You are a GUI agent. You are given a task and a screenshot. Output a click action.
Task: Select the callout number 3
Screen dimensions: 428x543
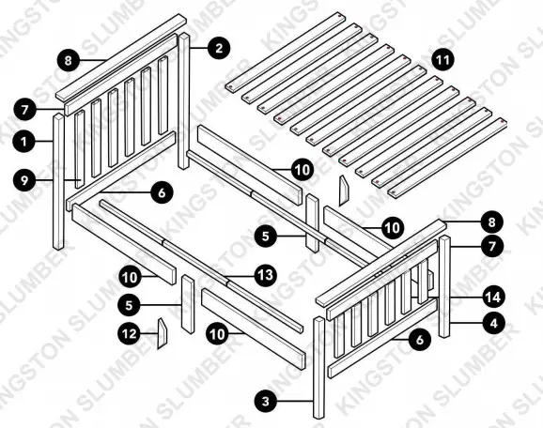pyautogui.click(x=268, y=401)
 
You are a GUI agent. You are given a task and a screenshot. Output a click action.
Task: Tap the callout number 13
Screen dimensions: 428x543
pyautogui.click(x=266, y=275)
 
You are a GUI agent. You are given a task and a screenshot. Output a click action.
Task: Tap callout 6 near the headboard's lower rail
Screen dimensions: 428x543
pyautogui.click(x=160, y=191)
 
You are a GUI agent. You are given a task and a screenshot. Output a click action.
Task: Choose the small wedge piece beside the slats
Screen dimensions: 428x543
pyautogui.click(x=344, y=190)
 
